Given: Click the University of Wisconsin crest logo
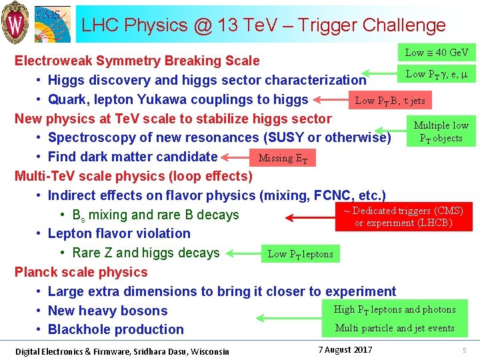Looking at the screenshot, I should (x=15, y=21).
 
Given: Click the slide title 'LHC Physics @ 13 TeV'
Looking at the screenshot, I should (x=263, y=25).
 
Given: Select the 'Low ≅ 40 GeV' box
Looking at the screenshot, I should (x=437, y=53).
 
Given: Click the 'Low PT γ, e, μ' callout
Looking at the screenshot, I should (x=436, y=74).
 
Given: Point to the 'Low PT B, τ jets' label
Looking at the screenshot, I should (x=390, y=101).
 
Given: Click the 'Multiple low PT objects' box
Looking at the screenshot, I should (x=441, y=132).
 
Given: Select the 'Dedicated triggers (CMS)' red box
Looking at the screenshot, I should (x=403, y=217).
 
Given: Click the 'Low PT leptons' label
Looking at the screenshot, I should (x=300, y=254).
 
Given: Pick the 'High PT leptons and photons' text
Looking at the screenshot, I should (x=395, y=309).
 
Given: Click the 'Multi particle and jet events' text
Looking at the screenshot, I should (x=395, y=328).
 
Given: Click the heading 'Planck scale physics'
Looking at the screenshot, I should (x=81, y=272).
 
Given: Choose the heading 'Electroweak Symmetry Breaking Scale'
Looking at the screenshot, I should (x=137, y=61).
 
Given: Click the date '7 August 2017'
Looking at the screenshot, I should (x=345, y=350).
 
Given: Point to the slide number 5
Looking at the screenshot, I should (x=465, y=351).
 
